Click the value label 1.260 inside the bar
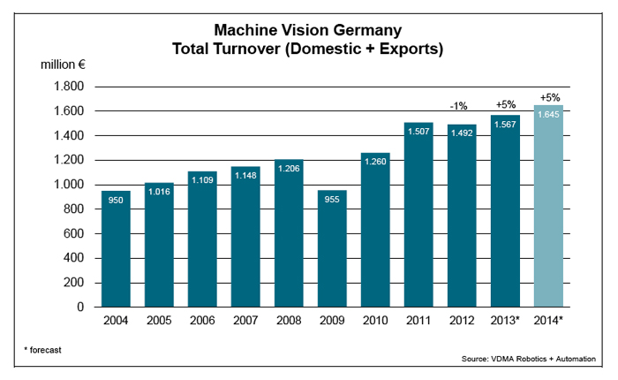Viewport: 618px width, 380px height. tap(375, 161)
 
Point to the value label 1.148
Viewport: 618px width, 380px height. tap(245, 174)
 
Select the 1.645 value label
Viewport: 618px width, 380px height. tap(548, 114)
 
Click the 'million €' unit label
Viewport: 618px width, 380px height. tap(64, 65)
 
